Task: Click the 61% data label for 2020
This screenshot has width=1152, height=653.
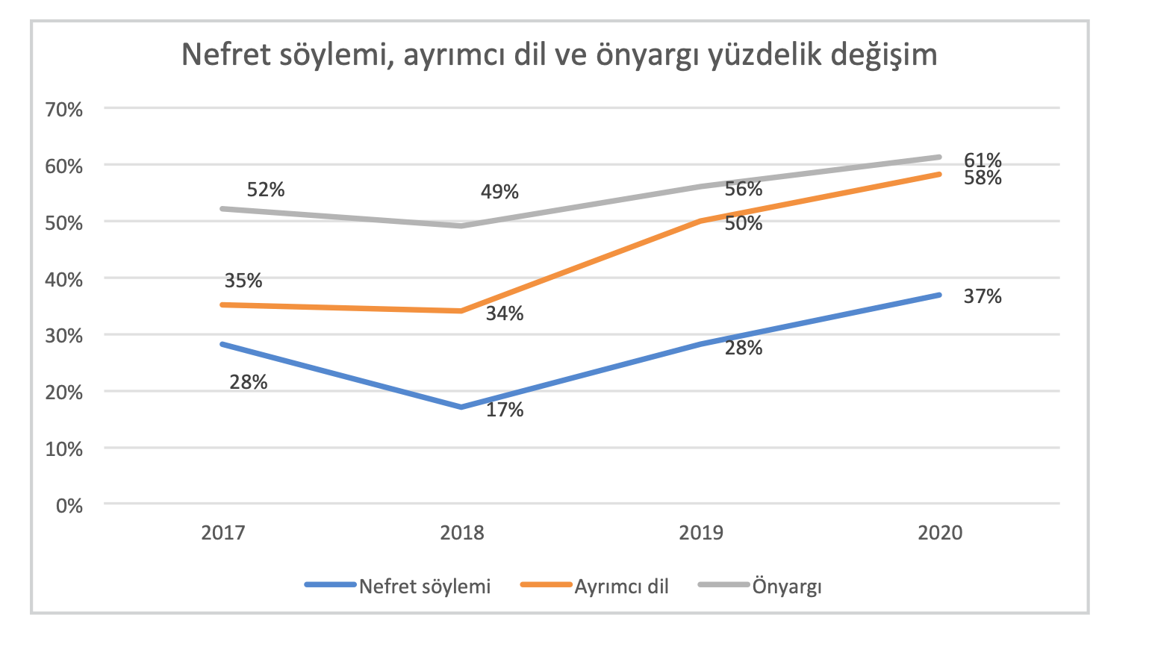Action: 982,160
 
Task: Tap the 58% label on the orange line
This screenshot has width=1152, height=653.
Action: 982,178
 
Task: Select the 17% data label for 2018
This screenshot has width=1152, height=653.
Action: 505,410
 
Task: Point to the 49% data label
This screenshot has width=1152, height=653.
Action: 499,192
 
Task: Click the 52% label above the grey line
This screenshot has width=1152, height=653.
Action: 266,190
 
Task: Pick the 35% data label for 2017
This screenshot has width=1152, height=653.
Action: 243,281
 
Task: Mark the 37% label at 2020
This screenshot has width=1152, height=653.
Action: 982,296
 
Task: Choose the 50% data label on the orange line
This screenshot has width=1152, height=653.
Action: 743,223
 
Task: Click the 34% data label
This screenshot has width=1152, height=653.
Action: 505,313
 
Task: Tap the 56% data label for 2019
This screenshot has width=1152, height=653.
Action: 743,189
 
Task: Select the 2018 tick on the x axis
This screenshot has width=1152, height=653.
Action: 462,533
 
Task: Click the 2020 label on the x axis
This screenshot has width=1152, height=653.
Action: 940,533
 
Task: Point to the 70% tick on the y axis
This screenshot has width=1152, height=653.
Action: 64,110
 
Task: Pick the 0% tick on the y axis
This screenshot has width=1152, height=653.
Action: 69,505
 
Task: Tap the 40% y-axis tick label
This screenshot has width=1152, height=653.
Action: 64,279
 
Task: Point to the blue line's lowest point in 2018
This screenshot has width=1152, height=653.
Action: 462,407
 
